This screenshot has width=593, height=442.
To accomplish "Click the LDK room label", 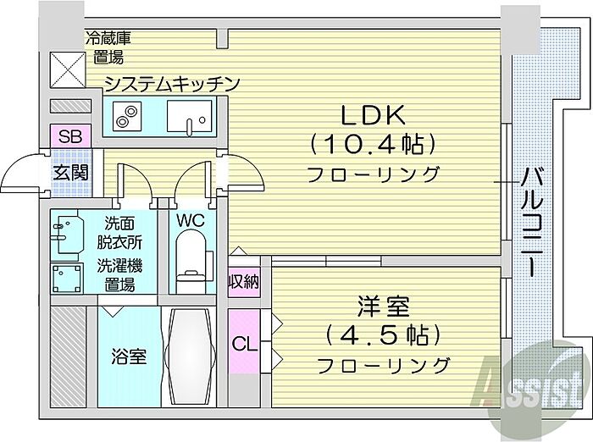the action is click(x=374, y=113).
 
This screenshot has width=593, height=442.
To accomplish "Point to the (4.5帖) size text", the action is click(x=384, y=334).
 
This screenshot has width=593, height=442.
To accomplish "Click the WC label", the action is click(x=191, y=219).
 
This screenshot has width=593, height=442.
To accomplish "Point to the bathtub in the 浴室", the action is click(x=191, y=356).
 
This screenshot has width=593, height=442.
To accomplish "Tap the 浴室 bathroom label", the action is click(x=129, y=356).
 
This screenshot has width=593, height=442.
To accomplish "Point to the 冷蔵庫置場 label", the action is click(x=106, y=48).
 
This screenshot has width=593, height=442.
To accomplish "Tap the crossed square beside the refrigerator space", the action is click(x=64, y=67).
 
